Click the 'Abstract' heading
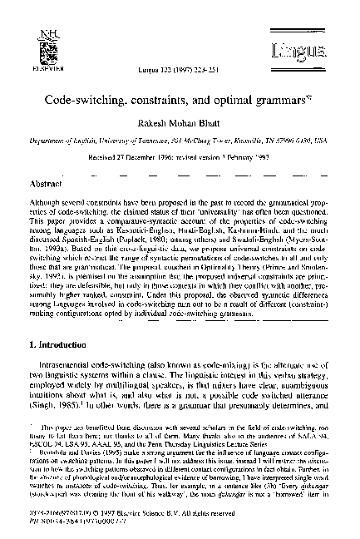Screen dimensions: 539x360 (46, 182)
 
